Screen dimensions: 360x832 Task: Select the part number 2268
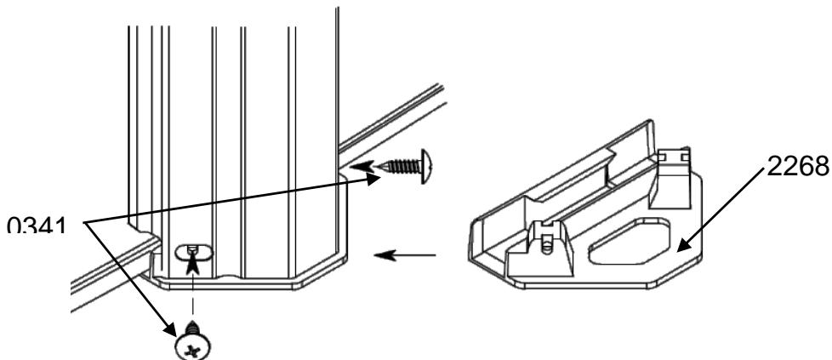point(795,167)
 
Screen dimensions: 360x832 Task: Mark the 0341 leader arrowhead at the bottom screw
point(177,329)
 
